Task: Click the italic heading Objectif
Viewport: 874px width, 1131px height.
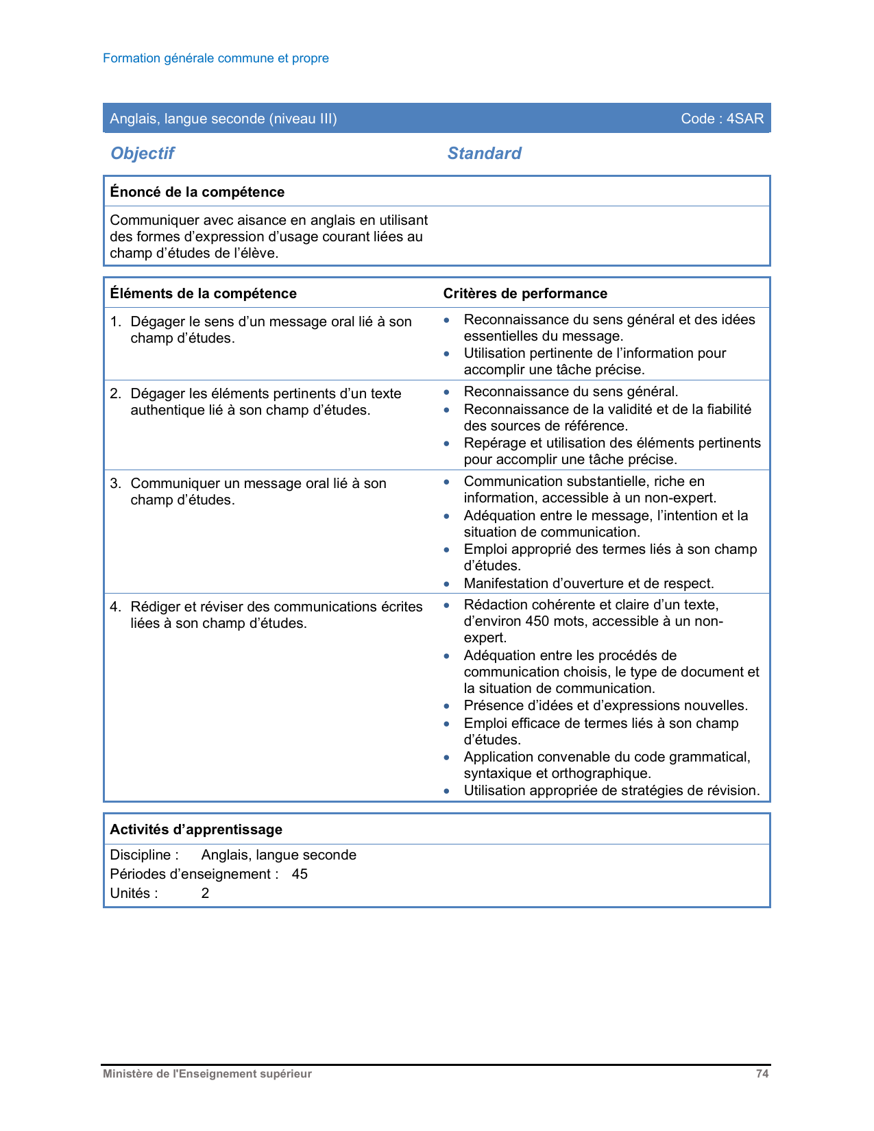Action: click(143, 153)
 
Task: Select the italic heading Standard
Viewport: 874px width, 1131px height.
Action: click(484, 153)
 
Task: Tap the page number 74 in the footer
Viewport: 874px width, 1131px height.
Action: click(762, 1074)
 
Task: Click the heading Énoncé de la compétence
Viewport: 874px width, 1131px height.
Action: click(197, 192)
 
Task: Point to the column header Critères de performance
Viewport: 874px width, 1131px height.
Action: click(525, 293)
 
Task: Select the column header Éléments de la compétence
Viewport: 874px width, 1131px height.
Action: click(203, 293)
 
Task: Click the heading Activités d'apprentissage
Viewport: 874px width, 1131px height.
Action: click(196, 829)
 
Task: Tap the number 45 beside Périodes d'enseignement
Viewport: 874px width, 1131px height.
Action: click(300, 874)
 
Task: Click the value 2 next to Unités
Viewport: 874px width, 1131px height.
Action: click(205, 893)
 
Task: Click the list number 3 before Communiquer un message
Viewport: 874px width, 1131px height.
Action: click(115, 483)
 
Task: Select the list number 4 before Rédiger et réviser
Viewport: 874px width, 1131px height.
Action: click(115, 607)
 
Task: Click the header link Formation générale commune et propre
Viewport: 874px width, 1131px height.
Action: click(216, 58)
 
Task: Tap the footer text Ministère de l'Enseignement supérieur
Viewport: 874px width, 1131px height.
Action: click(207, 1074)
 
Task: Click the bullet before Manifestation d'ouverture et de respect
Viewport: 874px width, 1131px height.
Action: click(447, 584)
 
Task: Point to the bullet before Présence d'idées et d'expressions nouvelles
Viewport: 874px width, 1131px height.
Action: click(447, 706)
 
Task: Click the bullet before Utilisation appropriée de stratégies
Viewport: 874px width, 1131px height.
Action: click(447, 791)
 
